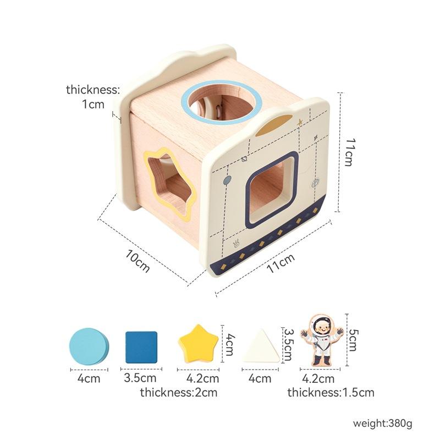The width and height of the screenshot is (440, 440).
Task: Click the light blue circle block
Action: click(89, 346)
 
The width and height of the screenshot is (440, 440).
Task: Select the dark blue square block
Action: click(141, 347)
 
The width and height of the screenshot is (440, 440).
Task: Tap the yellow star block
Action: click(197, 344)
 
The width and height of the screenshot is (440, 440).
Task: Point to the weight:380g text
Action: click(382, 424)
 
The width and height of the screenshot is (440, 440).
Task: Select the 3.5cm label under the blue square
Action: click(140, 378)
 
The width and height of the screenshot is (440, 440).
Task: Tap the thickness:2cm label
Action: click(178, 393)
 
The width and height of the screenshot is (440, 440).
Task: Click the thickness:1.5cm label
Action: click(331, 393)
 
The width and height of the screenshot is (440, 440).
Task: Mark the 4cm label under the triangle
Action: click(260, 378)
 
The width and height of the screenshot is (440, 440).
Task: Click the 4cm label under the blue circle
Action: click(88, 378)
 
